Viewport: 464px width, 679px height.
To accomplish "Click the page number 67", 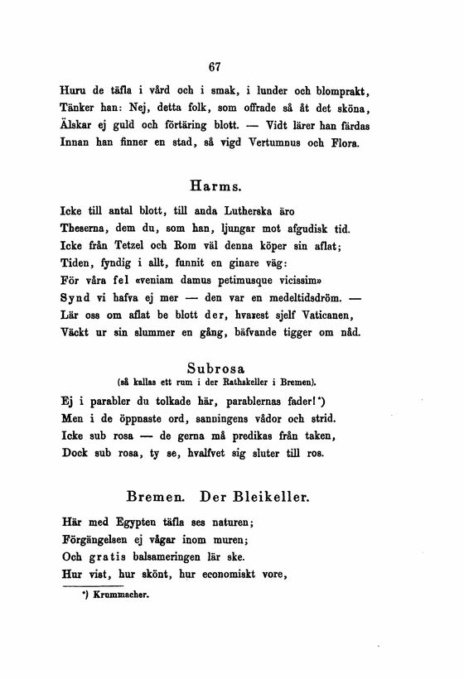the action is [x=218, y=67].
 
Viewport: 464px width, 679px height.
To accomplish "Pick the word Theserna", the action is [x=89, y=230].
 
